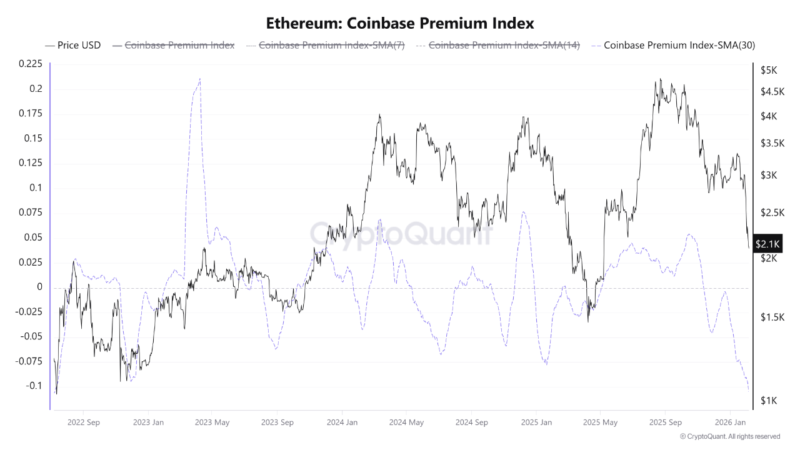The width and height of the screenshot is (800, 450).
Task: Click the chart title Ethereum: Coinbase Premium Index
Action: pos(400,23)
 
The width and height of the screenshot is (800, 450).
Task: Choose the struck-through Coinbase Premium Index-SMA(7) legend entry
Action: pos(331,45)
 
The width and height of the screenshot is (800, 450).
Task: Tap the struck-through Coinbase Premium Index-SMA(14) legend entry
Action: pos(504,45)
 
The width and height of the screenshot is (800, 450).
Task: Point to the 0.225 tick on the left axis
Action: pos(31,64)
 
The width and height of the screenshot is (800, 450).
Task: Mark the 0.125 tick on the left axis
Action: pos(31,163)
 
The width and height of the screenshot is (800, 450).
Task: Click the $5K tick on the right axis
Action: pos(768,71)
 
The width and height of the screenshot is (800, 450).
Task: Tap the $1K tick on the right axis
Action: pos(768,400)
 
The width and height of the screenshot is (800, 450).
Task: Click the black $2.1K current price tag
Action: pos(767,244)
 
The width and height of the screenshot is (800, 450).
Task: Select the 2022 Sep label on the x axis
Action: pos(83,422)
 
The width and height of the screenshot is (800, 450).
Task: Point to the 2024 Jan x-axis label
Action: pos(342,422)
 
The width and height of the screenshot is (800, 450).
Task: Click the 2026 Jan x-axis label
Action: pos(731,422)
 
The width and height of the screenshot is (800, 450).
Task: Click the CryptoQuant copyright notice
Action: pos(729,436)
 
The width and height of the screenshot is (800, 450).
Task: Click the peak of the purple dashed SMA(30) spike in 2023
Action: pos(200,79)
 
